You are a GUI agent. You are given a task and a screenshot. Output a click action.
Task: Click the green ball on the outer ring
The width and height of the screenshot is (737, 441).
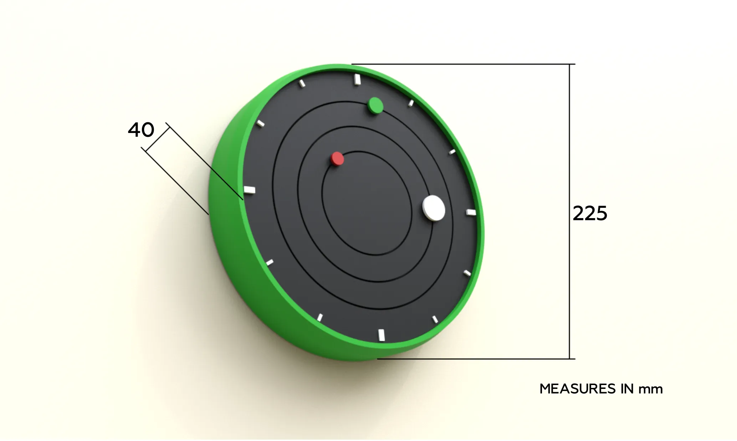pos(375,105)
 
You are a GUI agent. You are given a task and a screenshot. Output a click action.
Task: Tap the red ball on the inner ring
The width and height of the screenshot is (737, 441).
pos(337,159)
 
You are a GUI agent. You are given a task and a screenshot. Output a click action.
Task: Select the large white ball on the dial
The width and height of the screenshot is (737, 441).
pos(434,208)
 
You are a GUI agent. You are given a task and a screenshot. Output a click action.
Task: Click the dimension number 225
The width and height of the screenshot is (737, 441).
pos(590,214)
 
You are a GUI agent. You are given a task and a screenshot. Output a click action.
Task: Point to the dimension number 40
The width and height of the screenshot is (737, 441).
pos(141,130)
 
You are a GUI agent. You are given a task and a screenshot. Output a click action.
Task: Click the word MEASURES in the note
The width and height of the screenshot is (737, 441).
pos(578,389)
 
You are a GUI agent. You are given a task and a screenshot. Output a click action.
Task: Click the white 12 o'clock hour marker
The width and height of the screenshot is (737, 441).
pos(357,80)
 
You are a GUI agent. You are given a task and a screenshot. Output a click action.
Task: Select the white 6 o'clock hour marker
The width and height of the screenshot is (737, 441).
pos(382,335)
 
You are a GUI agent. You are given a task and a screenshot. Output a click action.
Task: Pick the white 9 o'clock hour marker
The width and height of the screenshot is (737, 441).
pos(250,190)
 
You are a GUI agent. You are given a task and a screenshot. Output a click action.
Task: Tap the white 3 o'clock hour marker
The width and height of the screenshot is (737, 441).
pos(471,212)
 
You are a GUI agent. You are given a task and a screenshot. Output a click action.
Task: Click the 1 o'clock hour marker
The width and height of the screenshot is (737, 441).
pos(411,103)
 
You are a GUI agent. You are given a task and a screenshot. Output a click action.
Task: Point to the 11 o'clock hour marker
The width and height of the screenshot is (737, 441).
pos(302,83)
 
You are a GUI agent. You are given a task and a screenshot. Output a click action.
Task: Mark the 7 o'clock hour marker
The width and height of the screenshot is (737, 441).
pos(320,317)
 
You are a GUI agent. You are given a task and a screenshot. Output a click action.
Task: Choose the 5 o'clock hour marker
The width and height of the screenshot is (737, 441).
pos(435,319)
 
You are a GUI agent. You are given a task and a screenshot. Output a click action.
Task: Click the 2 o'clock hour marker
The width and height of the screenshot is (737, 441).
pos(452,152)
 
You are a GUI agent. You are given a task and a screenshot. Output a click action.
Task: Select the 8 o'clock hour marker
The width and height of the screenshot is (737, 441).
pos(270,263)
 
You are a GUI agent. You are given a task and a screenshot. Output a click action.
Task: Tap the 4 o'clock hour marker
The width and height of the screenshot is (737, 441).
pos(467,273)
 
